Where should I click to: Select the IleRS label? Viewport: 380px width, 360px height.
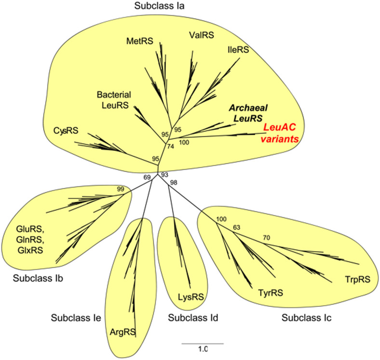[238, 49]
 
